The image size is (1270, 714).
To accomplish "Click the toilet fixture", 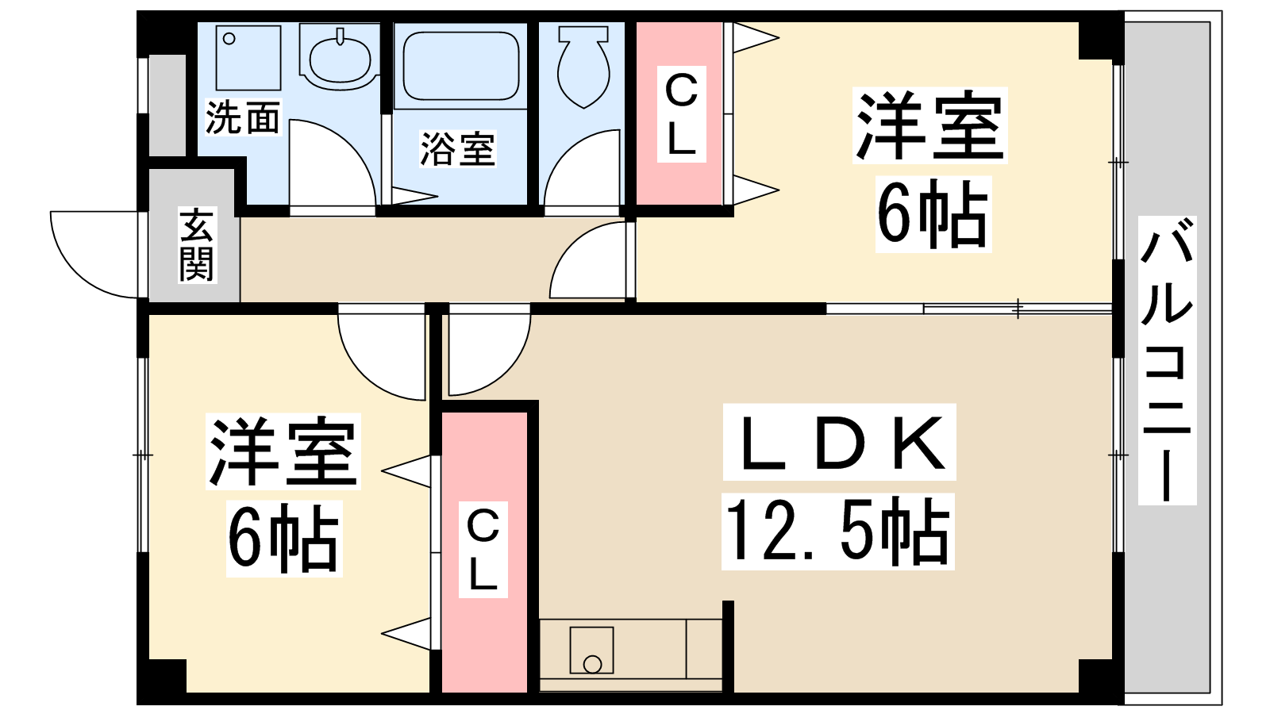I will pyautogui.click(x=583, y=67).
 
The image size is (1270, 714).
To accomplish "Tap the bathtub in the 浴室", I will pyautogui.click(x=461, y=65).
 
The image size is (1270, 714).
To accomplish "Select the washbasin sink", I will pyautogui.click(x=340, y=57).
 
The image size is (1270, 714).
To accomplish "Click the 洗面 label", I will pyautogui.click(x=243, y=117).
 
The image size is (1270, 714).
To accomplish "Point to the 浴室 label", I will pyautogui.click(x=458, y=149).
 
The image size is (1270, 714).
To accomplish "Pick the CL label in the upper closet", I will pyautogui.click(x=681, y=116).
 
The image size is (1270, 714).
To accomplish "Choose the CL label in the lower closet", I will pyautogui.click(x=483, y=549).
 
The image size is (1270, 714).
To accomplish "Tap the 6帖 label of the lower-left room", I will pyautogui.click(x=283, y=539).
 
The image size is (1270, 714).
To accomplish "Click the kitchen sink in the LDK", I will pyautogui.click(x=591, y=651).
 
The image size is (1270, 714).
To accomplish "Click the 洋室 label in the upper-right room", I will pyautogui.click(x=929, y=126).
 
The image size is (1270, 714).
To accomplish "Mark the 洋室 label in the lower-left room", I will pyautogui.click(x=283, y=451).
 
